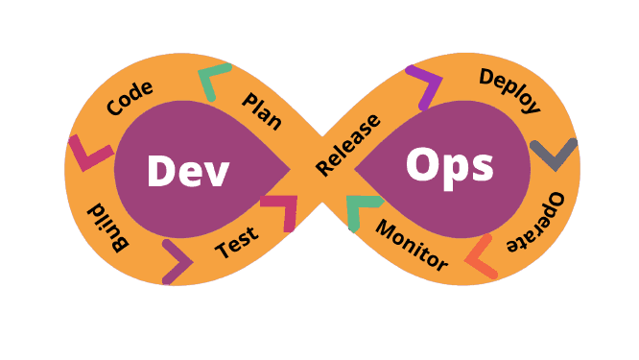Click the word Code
(x=130, y=98)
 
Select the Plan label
(x=262, y=111)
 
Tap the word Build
(x=108, y=227)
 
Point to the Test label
(x=237, y=242)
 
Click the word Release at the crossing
(x=348, y=145)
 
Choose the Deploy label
(x=509, y=90)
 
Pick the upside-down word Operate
(x=536, y=222)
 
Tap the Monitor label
(x=412, y=246)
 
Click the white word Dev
(x=188, y=171)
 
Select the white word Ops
(x=450, y=167)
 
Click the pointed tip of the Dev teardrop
(x=290, y=169)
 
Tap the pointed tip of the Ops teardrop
(x=354, y=169)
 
